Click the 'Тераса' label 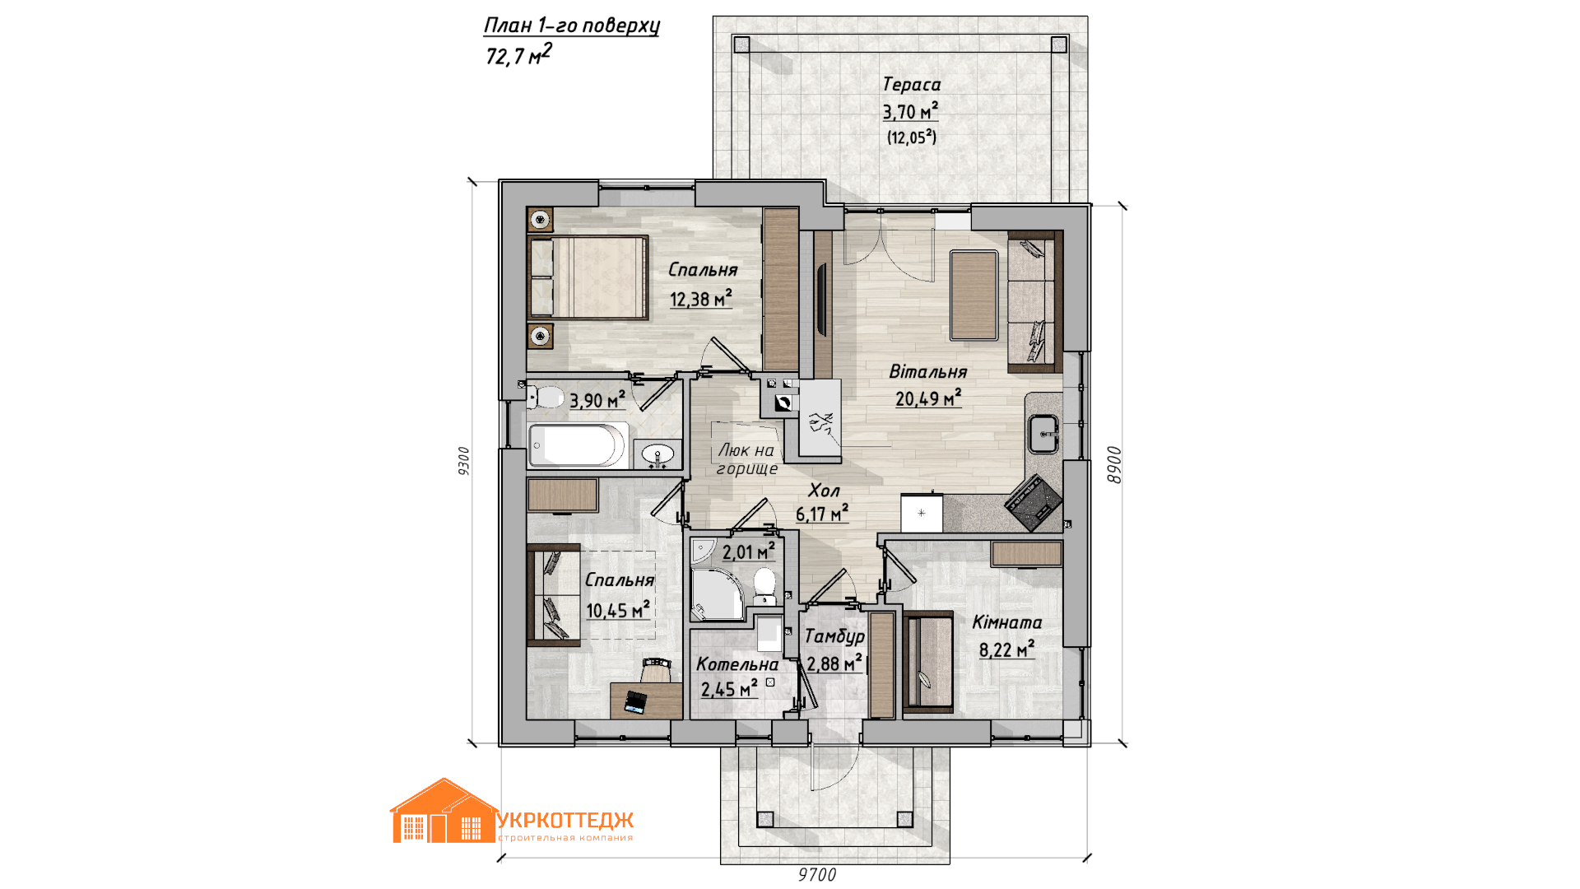(x=911, y=84)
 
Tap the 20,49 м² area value (x=928, y=398)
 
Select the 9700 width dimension (x=817, y=874)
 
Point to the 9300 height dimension (x=463, y=461)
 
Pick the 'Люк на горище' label (x=746, y=459)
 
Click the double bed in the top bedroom (x=588, y=277)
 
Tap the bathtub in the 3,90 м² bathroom (x=578, y=444)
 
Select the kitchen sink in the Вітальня (x=1043, y=433)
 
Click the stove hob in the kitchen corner (x=1034, y=501)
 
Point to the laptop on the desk (x=634, y=702)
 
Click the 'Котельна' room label (x=737, y=664)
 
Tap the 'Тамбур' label (x=834, y=636)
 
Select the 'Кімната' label (x=1007, y=622)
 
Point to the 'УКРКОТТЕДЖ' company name (x=565, y=821)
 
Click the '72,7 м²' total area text (x=518, y=54)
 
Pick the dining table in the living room (x=974, y=296)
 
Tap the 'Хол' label (x=824, y=491)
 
